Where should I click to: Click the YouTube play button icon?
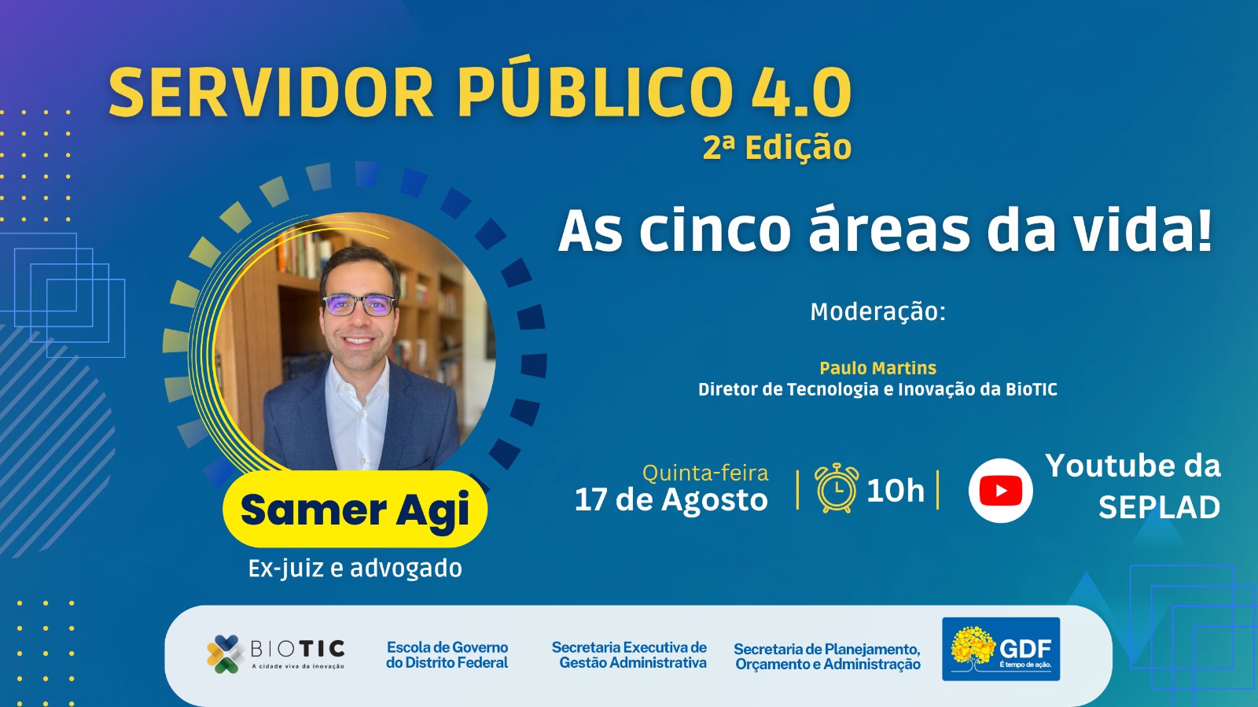[1000, 491]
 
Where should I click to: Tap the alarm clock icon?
[837, 488]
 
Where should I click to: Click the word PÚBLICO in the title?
[594, 91]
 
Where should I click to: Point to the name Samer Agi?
[355, 510]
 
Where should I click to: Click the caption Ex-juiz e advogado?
[355, 569]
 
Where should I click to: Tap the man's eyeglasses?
[359, 305]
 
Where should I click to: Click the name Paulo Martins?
[877, 368]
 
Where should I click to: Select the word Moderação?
[877, 311]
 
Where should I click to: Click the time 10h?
[896, 490]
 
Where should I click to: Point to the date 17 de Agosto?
[671, 499]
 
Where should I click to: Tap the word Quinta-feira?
[705, 473]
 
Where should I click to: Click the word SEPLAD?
[1159, 508]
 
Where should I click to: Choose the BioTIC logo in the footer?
[275, 654]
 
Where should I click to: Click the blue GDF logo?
[1001, 649]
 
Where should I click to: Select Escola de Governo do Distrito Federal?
[447, 655]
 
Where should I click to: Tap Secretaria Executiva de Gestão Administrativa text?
[629, 655]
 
